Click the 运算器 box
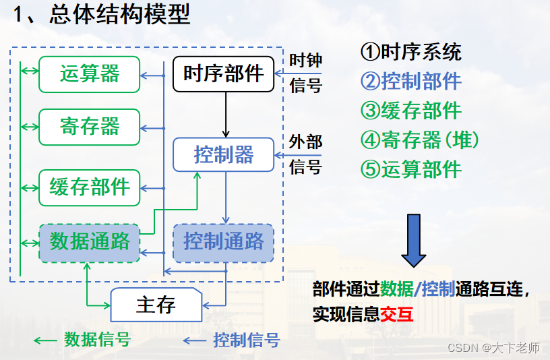[89, 73]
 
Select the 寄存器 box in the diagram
[89, 127]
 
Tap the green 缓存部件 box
[89, 187]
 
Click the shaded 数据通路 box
[89, 241]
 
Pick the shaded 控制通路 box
[224, 242]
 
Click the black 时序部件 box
[224, 73]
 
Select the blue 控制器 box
[224, 154]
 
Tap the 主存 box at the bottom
[156, 305]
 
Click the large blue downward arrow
[414, 240]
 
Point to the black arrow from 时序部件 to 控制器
[226, 114]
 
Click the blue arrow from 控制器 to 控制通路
[226, 198]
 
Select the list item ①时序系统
[411, 52]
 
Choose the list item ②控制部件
[411, 82]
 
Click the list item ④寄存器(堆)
[420, 140]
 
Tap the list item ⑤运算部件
[411, 169]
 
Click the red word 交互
[398, 314]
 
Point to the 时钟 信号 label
[305, 73]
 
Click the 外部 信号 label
[305, 154]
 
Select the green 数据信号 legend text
[97, 340]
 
